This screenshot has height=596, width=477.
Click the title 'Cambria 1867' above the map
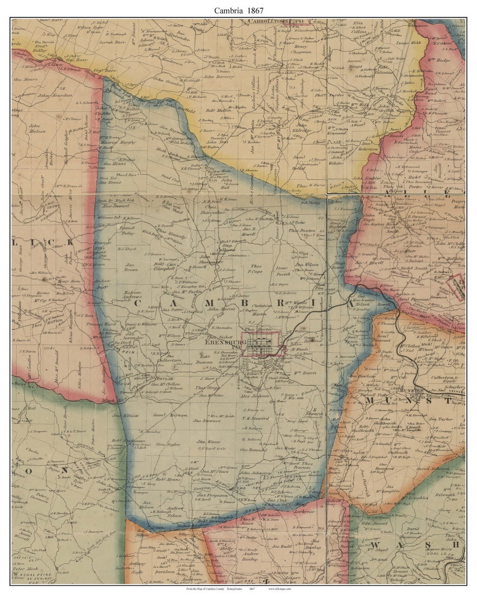coord(238,10)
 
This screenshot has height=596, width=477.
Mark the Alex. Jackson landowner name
coord(254,396)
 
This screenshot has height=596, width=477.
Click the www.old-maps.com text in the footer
coord(279,588)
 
